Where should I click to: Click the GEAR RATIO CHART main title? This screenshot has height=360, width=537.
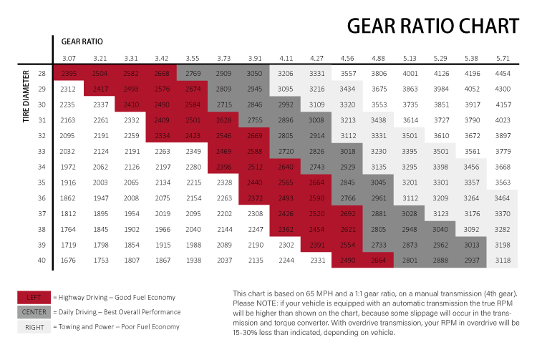point(432,26)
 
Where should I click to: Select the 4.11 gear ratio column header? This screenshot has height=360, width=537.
point(286,57)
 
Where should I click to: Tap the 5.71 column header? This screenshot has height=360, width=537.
point(503,57)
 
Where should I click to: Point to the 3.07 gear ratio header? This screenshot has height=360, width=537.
point(69,57)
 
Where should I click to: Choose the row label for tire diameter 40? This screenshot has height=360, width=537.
point(42,260)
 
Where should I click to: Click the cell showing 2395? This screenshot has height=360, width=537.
point(69,73)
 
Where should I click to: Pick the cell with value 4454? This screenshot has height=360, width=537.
point(503,73)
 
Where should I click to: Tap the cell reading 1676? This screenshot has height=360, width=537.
point(69,260)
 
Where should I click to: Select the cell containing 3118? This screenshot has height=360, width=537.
point(503,260)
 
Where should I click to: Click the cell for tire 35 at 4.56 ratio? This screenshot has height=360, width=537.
point(348,182)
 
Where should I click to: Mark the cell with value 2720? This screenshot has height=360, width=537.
point(286,151)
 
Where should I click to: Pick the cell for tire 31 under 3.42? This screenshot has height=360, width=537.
point(162,120)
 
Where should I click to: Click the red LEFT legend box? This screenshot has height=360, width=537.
point(32,297)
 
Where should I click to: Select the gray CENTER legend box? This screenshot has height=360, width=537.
point(32,311)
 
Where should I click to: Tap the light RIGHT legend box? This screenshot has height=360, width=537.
point(32,326)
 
